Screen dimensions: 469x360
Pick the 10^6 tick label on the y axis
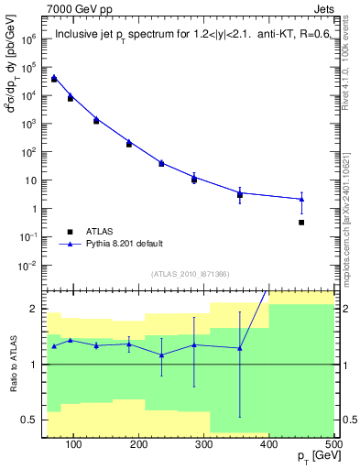29,39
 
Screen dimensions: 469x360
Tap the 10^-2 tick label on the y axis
29,266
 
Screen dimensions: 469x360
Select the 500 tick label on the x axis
333,445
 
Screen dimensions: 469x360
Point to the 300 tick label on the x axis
204,445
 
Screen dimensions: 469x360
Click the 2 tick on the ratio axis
37,309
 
